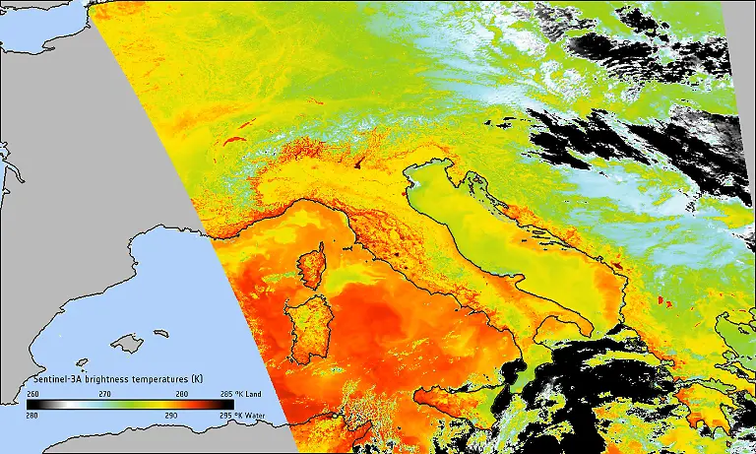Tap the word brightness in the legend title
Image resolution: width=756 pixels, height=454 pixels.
tap(110, 379)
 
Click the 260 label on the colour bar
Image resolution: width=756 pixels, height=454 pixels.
tap(32, 393)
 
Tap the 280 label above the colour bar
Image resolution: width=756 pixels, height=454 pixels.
tap(181, 393)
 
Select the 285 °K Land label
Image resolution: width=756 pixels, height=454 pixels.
tap(252, 393)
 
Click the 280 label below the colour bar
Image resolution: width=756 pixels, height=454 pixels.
tap(32, 416)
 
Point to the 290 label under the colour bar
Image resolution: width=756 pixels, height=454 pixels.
tap(171, 416)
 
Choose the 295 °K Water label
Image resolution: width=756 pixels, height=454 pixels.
tap(253, 416)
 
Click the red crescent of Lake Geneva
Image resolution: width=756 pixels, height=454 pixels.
tap(235, 142)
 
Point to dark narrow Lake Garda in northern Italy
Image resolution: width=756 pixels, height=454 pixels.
tap(361, 161)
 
